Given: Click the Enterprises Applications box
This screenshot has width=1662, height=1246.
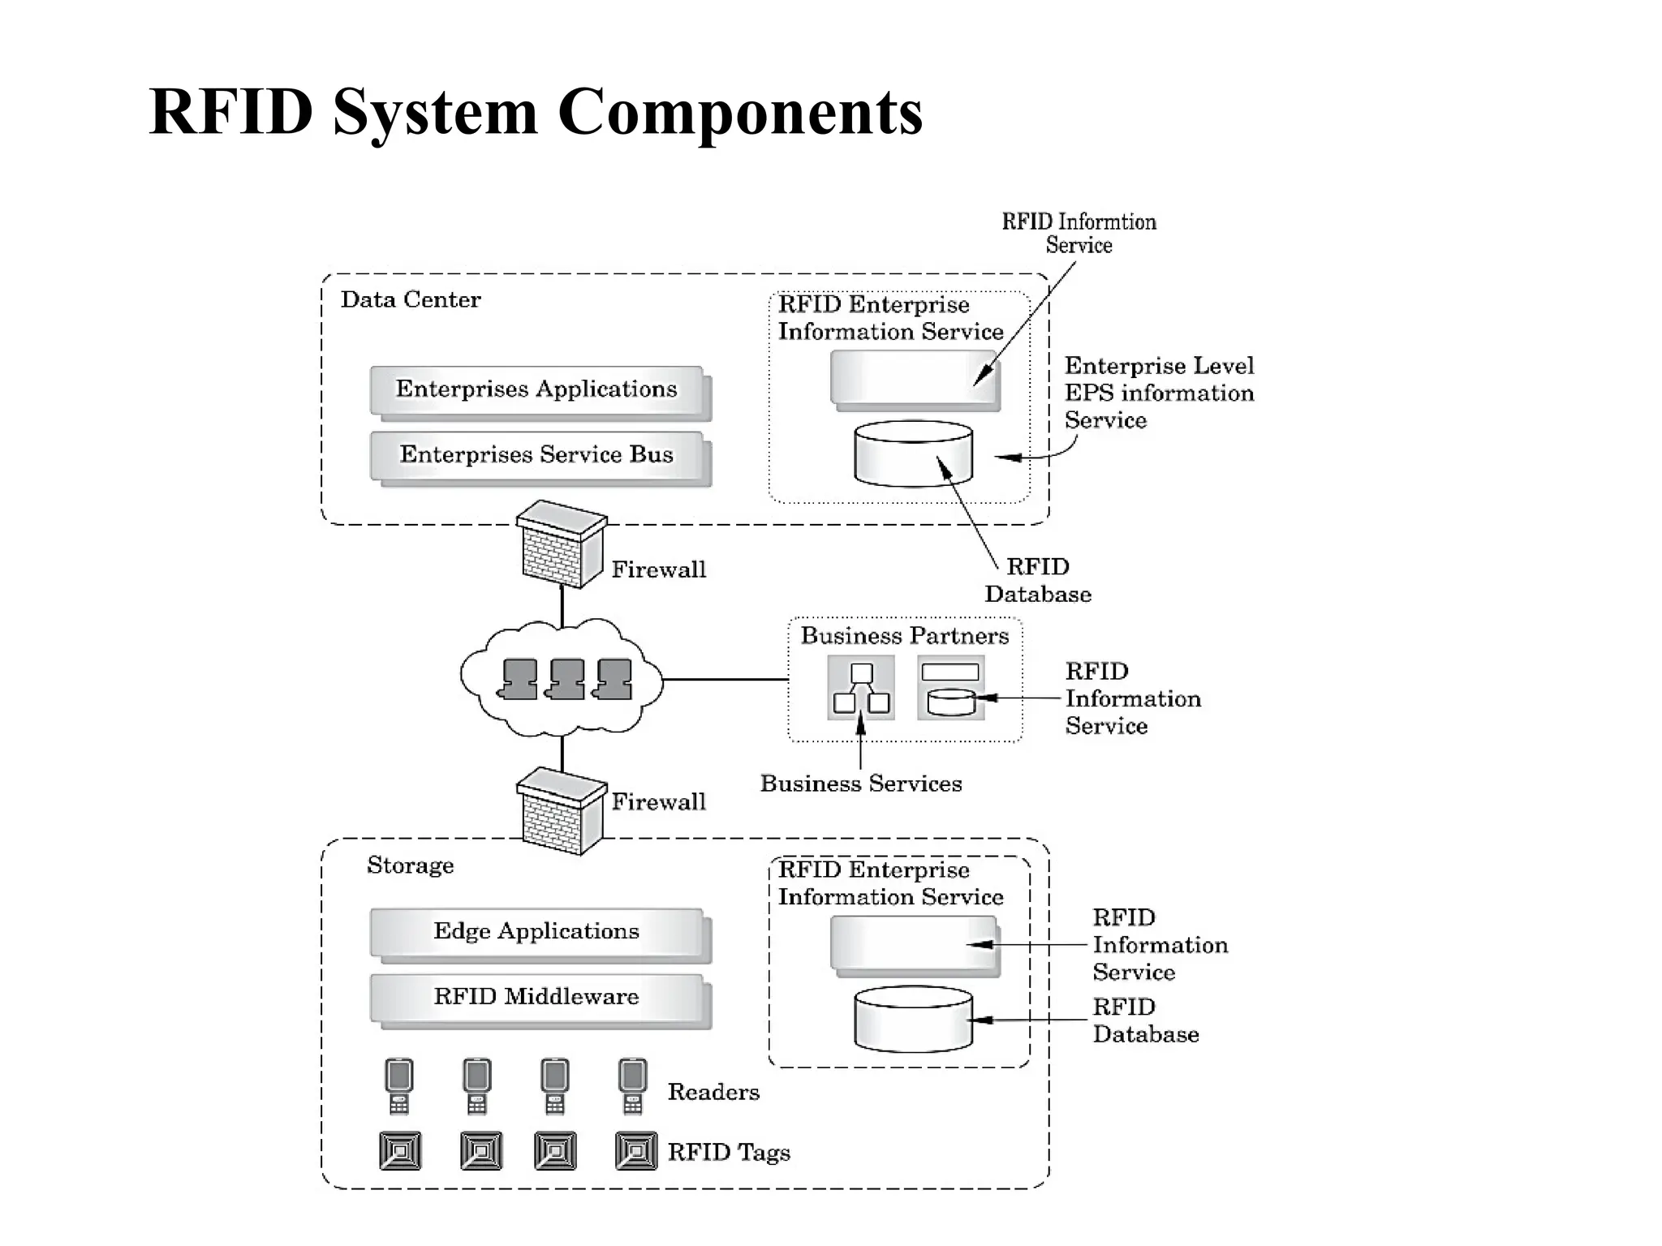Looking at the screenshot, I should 536,389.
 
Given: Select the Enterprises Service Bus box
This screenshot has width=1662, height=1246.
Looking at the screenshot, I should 536,455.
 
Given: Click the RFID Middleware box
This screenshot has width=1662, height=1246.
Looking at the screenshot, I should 536,997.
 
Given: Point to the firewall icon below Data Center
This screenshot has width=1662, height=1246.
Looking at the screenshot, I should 561,544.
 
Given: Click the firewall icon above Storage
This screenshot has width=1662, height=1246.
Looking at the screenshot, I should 561,811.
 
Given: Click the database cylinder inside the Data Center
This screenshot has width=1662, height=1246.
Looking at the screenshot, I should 913,453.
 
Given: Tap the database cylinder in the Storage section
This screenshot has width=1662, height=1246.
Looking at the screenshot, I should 913,1019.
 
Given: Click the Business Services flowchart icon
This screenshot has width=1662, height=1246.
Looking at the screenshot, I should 861,688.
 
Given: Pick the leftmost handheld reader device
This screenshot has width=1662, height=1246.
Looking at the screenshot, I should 398,1086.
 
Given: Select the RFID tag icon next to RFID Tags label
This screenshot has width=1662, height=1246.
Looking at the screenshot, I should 636,1151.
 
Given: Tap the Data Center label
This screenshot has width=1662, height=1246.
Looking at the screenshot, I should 411,300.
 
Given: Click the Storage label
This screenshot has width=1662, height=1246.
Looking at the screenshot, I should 410,866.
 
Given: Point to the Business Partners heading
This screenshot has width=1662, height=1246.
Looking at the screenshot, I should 905,636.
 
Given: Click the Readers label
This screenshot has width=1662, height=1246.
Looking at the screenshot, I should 713,1093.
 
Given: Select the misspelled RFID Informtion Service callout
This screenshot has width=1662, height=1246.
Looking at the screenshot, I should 1079,234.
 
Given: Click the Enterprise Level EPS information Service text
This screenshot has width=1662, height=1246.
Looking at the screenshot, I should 1159,393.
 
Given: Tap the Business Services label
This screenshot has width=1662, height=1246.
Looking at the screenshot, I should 860,784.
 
